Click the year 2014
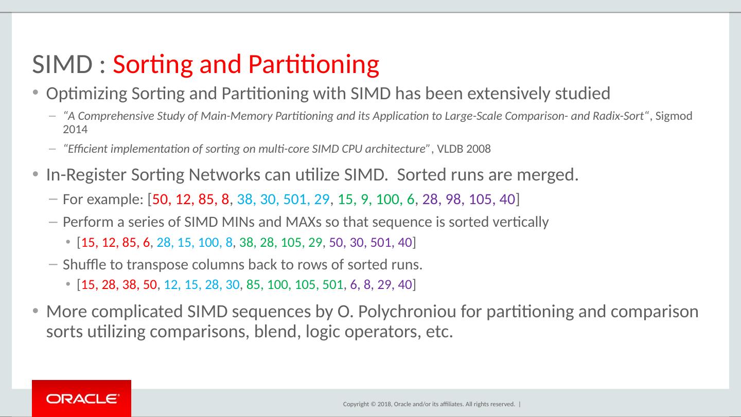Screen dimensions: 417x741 tap(75, 129)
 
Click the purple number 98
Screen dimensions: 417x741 tap(453, 200)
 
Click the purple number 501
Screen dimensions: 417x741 tap(381, 242)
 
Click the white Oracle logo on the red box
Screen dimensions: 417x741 tap(81, 398)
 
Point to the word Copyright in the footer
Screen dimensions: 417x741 tap(356, 405)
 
